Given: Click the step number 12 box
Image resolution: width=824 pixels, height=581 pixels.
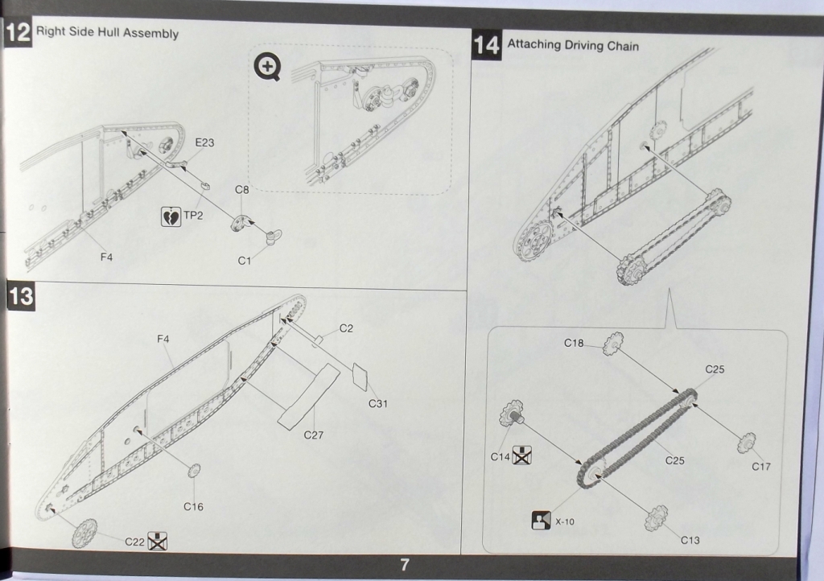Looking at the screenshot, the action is (17, 35).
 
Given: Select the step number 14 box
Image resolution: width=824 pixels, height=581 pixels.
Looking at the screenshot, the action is (487, 45).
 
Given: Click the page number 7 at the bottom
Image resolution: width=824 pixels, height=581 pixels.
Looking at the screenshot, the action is (406, 565).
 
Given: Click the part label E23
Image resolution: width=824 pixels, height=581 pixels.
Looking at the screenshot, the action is (205, 142).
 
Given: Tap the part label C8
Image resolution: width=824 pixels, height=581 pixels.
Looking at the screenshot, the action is (242, 190).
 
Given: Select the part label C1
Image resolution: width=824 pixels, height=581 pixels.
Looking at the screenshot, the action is (245, 261).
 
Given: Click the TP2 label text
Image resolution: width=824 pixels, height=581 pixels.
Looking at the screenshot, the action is (194, 216).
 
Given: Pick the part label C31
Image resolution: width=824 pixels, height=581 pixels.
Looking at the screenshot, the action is (377, 403).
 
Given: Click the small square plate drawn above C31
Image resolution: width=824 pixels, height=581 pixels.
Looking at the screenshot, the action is (361, 376).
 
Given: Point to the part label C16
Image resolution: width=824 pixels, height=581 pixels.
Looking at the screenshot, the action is (193, 506).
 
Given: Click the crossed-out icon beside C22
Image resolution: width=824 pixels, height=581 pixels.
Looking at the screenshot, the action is (157, 542).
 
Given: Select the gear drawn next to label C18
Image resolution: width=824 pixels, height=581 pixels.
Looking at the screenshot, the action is (612, 344).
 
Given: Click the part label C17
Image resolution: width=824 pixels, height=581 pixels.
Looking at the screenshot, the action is (761, 466).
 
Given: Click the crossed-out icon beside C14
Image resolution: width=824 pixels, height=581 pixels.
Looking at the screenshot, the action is (522, 457).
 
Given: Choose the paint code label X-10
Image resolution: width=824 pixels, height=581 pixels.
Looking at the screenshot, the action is (565, 521).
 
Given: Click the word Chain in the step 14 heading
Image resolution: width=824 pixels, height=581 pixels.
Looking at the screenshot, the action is (622, 46).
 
